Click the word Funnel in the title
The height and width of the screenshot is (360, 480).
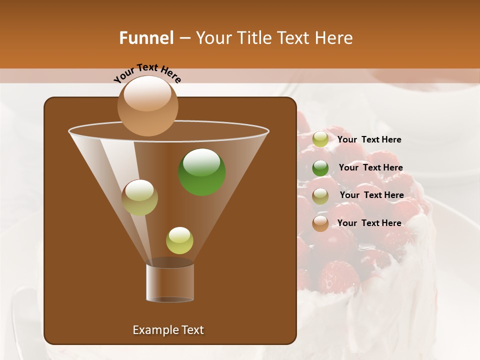pyautogui.click(x=146, y=38)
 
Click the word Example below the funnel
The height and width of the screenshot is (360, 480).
pyautogui.click(x=152, y=330)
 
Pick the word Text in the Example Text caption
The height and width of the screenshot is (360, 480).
pyautogui.click(x=191, y=330)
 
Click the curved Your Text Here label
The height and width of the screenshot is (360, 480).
pyautogui.click(x=147, y=73)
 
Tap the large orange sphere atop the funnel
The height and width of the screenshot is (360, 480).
pyautogui.click(x=147, y=105)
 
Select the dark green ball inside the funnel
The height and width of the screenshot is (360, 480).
pyautogui.click(x=201, y=171)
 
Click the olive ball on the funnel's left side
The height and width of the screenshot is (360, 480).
pyautogui.click(x=139, y=197)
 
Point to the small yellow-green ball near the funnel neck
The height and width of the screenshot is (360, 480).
pyautogui.click(x=179, y=240)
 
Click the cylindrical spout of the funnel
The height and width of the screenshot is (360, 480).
pyautogui.click(x=170, y=282)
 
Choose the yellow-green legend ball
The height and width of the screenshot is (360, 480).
pyautogui.click(x=320, y=139)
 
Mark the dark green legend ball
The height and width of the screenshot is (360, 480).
pyautogui.click(x=320, y=168)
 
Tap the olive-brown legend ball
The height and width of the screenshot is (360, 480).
pyautogui.click(x=320, y=196)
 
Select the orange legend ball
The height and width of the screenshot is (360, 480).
pyautogui.click(x=320, y=223)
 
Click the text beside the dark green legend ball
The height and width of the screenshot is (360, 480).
pyautogui.click(x=370, y=167)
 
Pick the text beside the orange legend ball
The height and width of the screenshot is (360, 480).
pyautogui.click(x=369, y=223)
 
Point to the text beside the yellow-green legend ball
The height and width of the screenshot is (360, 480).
pyautogui.click(x=369, y=139)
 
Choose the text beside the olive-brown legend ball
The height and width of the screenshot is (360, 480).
pyautogui.click(x=371, y=195)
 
